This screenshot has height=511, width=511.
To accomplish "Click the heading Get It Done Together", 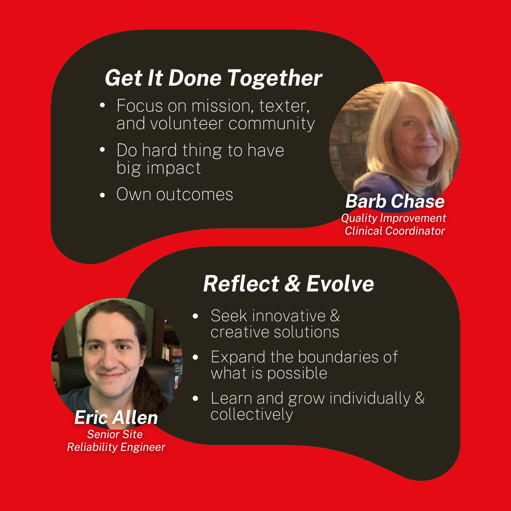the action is (213, 79).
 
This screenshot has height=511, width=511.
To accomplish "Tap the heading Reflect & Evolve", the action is (289, 283).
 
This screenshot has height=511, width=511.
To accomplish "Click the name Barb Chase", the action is (395, 202).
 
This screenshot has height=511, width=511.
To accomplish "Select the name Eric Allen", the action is (116, 417).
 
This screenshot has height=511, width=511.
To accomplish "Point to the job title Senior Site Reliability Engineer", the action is (116, 441).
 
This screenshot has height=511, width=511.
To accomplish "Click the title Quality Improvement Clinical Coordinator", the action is (394, 224).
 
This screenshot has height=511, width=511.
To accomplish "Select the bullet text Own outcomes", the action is (175, 194).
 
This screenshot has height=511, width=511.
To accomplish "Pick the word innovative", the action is (289, 316).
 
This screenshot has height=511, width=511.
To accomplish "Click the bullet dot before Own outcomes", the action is (102, 195).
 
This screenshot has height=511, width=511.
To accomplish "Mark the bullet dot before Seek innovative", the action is (195, 316).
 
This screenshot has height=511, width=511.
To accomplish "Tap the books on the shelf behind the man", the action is (174, 359).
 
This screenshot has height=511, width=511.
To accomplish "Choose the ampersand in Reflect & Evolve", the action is (292, 283).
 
